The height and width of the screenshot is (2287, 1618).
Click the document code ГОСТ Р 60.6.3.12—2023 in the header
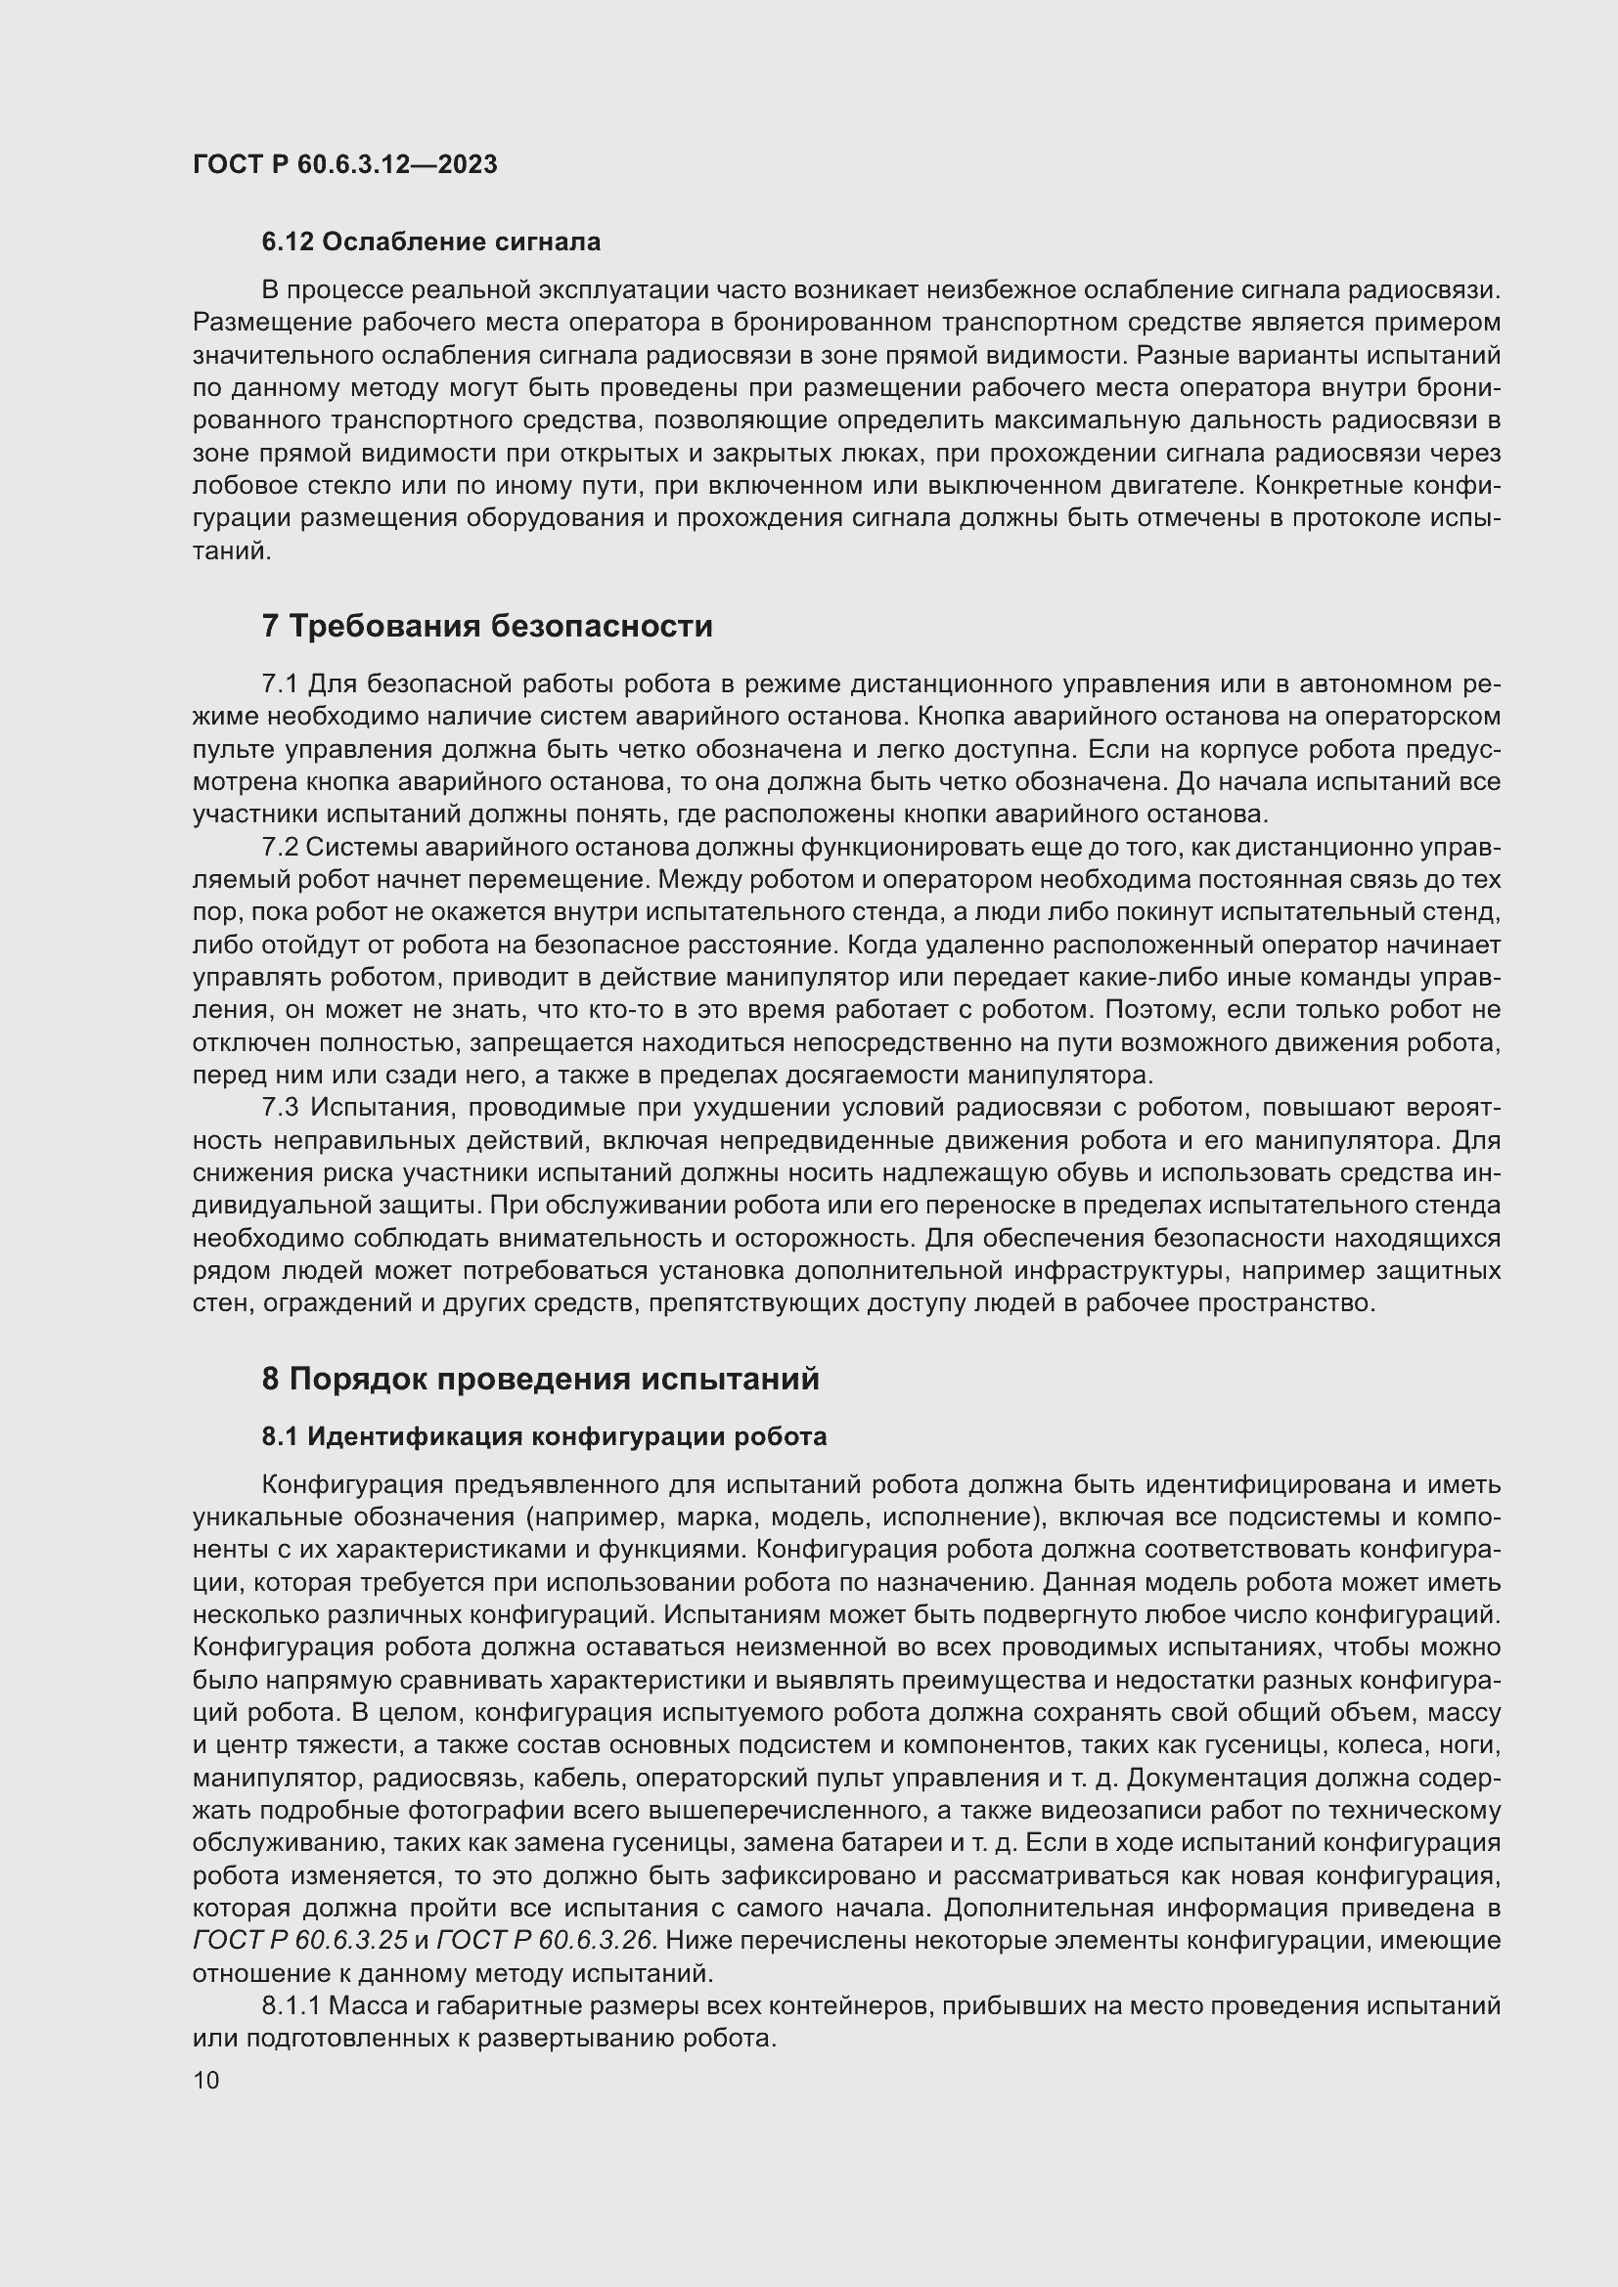click(x=344, y=164)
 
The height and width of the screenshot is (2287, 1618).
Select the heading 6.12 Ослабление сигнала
click(x=430, y=242)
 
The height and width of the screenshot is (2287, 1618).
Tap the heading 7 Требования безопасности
click(x=486, y=627)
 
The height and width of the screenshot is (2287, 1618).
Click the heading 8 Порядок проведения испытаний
click(x=540, y=1380)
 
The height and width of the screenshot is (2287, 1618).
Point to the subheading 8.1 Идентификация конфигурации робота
click(x=544, y=1437)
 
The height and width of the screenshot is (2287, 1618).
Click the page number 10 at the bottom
click(x=206, y=2080)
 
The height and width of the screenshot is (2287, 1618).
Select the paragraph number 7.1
click(x=280, y=684)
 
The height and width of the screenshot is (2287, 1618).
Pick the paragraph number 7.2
click(x=280, y=848)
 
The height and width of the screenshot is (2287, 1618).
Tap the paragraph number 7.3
click(x=280, y=1108)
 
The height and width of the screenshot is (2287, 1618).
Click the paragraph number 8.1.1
click(x=290, y=2006)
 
